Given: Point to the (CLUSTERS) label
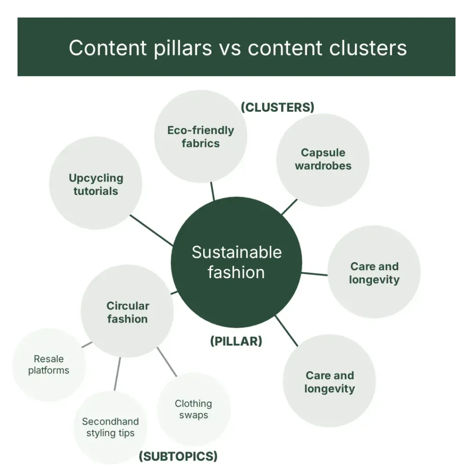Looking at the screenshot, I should point(277,107).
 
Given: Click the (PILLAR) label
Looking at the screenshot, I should point(236,341).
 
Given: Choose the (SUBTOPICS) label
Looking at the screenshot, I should point(178,456).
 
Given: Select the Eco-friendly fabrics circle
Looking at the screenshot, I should point(200,136).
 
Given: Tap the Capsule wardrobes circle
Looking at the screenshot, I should point(323,160).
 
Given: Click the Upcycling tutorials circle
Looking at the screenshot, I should point(96,183).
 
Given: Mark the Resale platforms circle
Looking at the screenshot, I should point(49,365).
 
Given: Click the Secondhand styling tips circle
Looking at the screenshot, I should point(110,427).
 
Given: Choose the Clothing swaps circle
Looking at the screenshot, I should point(194,409).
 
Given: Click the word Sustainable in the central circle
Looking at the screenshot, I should point(236,252).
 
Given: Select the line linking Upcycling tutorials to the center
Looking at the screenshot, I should point(152,230).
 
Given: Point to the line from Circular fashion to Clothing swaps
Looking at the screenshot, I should point(167,362).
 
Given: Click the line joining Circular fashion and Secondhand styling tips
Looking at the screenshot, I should point(117,374).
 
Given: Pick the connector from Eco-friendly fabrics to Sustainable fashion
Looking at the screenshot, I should point(212,191).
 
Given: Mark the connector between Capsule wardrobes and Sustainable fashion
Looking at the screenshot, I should point(289,207).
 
